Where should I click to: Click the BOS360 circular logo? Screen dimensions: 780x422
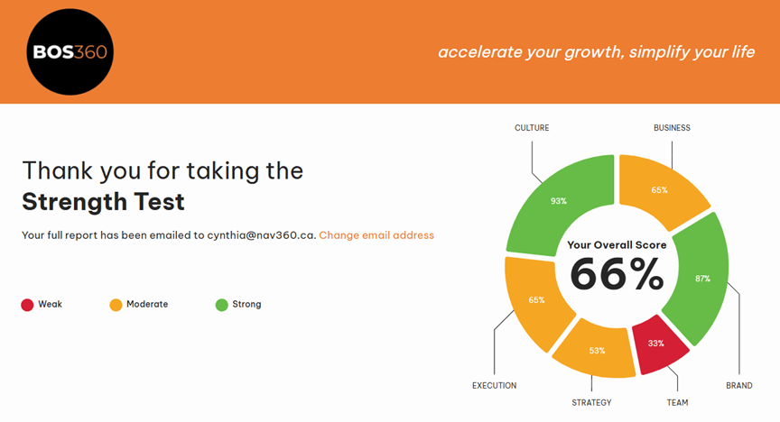click(x=70, y=51)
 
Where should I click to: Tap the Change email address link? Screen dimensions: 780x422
click(x=376, y=235)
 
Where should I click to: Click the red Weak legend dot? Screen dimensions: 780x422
click(x=27, y=305)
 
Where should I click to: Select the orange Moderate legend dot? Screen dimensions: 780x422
click(x=116, y=305)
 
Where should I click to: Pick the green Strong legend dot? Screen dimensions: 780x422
click(x=222, y=305)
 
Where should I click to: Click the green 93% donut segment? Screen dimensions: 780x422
click(x=559, y=201)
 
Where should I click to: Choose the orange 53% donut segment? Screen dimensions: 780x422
click(x=596, y=351)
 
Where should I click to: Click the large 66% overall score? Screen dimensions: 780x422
click(x=617, y=274)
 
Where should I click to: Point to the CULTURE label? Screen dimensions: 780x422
click(x=532, y=128)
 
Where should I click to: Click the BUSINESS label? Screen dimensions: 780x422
click(x=672, y=128)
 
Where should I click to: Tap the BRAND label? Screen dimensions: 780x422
click(x=738, y=385)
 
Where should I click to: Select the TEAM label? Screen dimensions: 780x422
click(x=677, y=403)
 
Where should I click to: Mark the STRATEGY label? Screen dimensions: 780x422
click(x=591, y=403)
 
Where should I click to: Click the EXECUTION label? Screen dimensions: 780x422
click(x=494, y=385)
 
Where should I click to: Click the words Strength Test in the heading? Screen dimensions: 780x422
click(x=103, y=202)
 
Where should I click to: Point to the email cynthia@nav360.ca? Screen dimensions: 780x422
click(x=262, y=235)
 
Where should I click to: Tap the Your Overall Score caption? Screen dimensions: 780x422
click(x=617, y=244)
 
